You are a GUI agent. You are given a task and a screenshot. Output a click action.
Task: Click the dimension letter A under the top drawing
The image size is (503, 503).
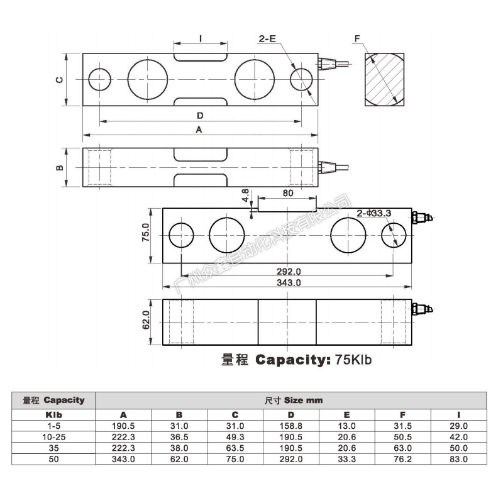(199, 130)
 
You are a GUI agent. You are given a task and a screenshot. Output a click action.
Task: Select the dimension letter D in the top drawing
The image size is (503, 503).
(199, 116)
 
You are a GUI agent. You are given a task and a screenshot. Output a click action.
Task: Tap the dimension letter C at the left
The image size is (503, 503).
(59, 79)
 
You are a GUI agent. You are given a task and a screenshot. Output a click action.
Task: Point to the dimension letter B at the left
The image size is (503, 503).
(59, 168)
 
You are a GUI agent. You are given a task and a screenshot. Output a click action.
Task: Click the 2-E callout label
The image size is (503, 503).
(267, 39)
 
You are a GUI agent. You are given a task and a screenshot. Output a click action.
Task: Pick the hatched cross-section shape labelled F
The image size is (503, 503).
(384, 80)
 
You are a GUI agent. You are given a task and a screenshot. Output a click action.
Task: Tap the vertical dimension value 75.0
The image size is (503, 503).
(145, 233)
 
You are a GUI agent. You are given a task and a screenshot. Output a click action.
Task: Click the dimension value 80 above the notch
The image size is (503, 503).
(288, 194)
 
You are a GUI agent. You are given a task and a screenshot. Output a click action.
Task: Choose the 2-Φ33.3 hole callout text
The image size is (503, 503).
(374, 213)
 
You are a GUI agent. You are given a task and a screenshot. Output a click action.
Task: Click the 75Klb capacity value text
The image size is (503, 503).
(354, 360)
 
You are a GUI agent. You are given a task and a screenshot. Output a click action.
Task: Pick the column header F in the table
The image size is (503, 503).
(402, 415)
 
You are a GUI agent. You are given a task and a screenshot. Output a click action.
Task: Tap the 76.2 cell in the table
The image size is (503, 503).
(402, 460)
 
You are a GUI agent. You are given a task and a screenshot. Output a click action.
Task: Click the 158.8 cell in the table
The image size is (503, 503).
(290, 426)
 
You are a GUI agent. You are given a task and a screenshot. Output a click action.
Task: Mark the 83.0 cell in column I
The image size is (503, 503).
(458, 460)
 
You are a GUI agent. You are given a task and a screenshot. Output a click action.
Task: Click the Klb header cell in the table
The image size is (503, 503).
(53, 415)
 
